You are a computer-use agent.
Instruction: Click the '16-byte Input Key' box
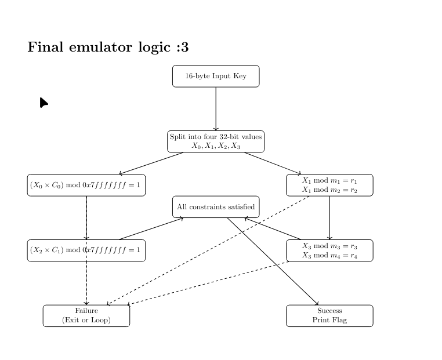[216, 76]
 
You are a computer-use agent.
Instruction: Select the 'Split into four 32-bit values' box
[216, 141]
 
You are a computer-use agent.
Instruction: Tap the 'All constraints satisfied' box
[216, 207]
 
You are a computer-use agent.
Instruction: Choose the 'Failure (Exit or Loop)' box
[86, 315]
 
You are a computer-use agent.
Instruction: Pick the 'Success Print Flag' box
[329, 315]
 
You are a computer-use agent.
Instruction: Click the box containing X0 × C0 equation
[86, 185]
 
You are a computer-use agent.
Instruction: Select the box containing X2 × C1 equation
[86, 250]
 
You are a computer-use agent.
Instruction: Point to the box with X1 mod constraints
[329, 185]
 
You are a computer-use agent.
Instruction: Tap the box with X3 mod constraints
[329, 250]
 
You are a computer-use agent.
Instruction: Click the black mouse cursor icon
[44, 103]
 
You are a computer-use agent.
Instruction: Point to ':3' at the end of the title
[182, 48]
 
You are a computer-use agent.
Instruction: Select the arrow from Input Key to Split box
[216, 109]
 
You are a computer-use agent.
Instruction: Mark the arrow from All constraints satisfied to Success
[273, 261]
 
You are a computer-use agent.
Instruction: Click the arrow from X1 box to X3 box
[329, 218]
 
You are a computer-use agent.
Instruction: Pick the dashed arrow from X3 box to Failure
[209, 283]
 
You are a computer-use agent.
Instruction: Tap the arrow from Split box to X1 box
[272, 163]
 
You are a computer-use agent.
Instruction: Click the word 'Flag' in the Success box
[339, 320]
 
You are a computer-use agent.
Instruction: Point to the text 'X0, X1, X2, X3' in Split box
[216, 146]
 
